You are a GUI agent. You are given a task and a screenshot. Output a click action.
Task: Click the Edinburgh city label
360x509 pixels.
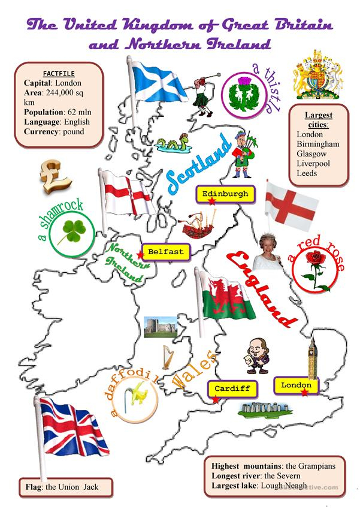(x=225, y=194)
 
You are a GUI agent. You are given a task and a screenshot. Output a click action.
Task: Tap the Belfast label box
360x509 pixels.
(x=165, y=252)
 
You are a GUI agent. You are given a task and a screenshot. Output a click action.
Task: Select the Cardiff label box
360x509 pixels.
(x=232, y=388)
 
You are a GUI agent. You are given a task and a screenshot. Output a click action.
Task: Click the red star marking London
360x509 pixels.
(x=305, y=393)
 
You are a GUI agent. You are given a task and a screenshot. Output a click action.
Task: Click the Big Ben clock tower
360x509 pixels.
(x=312, y=357)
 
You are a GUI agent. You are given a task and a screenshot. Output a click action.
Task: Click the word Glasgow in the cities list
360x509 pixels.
(x=311, y=153)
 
